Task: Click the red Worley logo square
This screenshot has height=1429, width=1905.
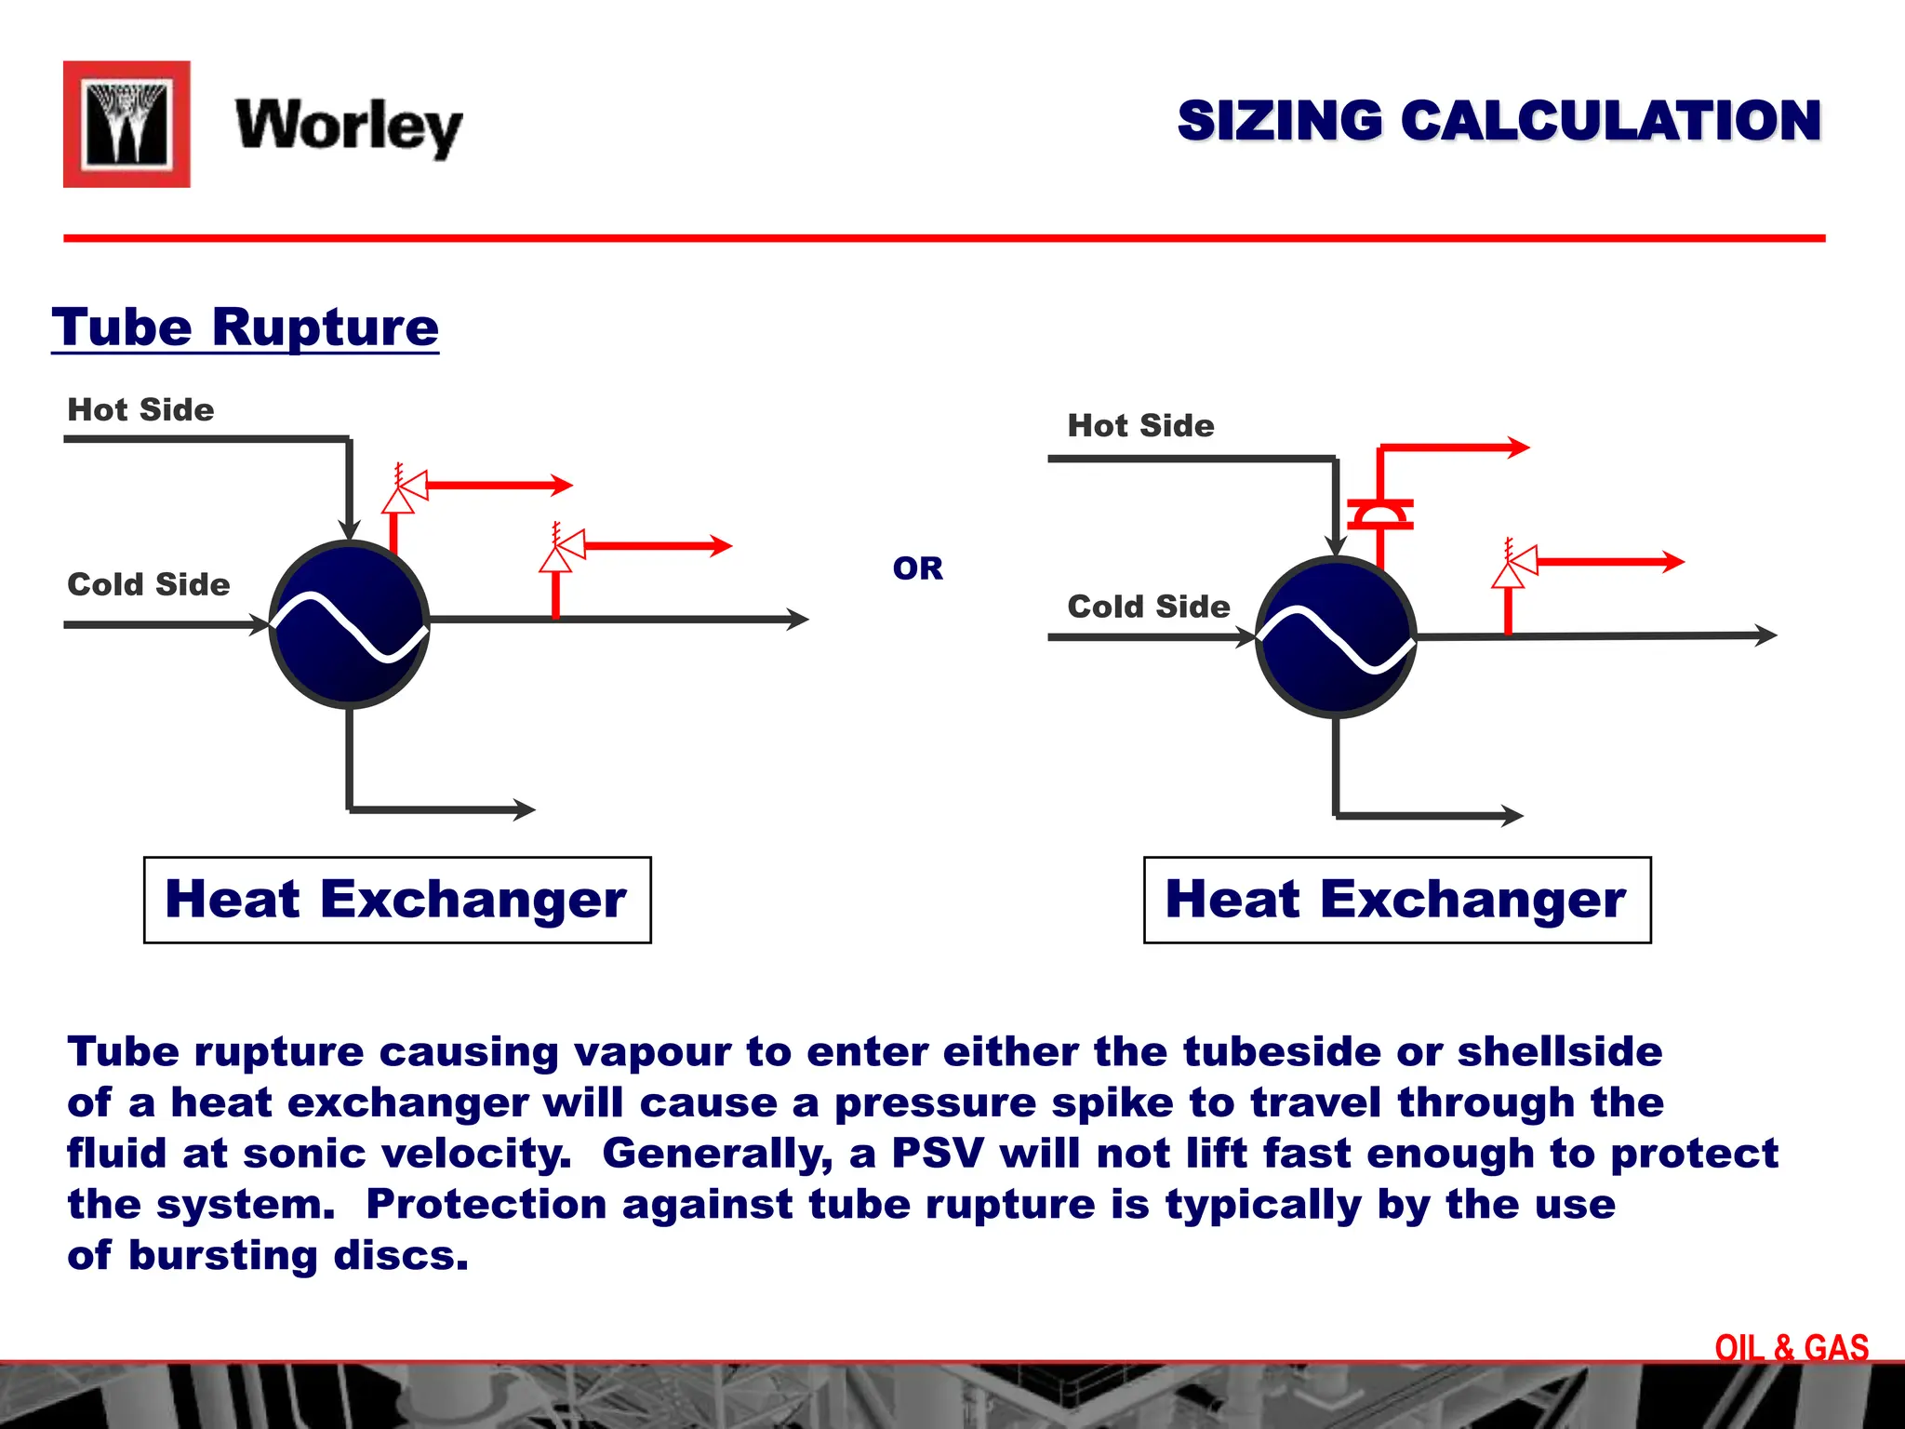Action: (x=127, y=125)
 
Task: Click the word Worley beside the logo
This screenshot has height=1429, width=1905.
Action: (x=349, y=127)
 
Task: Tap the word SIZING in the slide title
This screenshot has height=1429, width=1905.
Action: (x=1280, y=122)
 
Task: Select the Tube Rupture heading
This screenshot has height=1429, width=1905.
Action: (x=245, y=327)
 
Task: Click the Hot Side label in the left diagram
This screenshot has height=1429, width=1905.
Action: (x=140, y=410)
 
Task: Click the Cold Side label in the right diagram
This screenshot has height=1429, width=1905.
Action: (x=1149, y=607)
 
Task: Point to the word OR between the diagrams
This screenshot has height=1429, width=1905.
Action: (x=917, y=568)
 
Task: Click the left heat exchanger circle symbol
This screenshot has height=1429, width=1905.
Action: (x=350, y=623)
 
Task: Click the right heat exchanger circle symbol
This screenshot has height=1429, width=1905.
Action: (x=1336, y=638)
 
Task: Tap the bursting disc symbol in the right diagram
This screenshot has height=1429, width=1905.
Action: (x=1380, y=514)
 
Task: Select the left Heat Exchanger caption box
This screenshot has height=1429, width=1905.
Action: (x=397, y=900)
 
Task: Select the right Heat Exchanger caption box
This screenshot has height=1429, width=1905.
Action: (x=1397, y=900)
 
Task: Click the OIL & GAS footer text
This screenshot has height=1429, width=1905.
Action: (x=1792, y=1348)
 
